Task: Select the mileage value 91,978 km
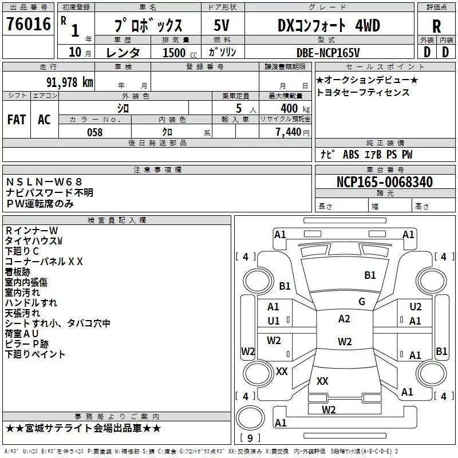[70, 82]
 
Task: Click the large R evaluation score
[436, 26]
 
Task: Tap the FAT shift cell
[16, 120]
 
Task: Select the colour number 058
[95, 132]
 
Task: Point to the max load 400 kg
[293, 108]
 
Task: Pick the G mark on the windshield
[361, 302]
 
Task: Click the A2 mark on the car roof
[344, 319]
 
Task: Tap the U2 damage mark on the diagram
[415, 307]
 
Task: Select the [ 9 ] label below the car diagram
[250, 439]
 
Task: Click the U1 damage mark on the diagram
[274, 321]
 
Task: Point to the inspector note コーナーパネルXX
[44, 262]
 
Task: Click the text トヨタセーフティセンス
[363, 92]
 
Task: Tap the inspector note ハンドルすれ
[31, 303]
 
